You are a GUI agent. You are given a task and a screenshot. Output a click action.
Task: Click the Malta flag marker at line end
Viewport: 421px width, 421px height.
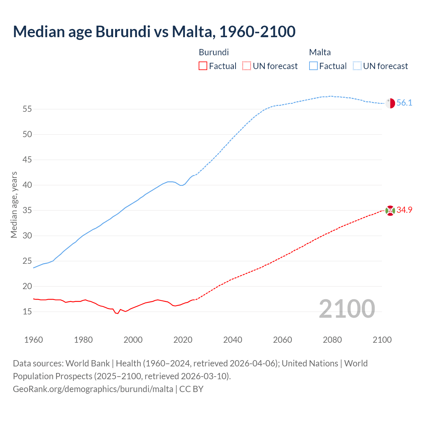pyautogui.click(x=390, y=103)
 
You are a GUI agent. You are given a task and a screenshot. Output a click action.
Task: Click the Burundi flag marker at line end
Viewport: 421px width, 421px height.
pyautogui.click(x=390, y=210)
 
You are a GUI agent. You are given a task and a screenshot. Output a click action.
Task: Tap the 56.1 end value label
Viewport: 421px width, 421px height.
pyautogui.click(x=404, y=103)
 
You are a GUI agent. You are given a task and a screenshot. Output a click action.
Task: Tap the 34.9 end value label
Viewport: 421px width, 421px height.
pyautogui.click(x=404, y=210)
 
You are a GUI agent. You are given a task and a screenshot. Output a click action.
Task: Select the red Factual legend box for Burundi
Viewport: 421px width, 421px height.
pyautogui.click(x=203, y=66)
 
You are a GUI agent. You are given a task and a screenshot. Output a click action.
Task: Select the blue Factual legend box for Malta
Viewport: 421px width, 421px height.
pyautogui.click(x=313, y=66)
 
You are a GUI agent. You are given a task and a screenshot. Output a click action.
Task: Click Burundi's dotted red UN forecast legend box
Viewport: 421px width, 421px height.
pyautogui.click(x=247, y=66)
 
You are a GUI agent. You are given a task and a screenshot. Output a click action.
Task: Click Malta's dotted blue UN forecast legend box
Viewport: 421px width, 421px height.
pyautogui.click(x=357, y=66)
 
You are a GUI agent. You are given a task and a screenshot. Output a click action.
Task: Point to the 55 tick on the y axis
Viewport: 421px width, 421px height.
pyautogui.click(x=27, y=109)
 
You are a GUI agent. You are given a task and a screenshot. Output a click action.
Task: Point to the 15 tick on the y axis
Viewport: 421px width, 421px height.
pyautogui.click(x=27, y=311)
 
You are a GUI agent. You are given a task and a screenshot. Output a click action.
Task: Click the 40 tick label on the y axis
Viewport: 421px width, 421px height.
pyautogui.click(x=27, y=185)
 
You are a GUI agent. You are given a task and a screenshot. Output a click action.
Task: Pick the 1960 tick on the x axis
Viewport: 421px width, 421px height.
pyautogui.click(x=34, y=340)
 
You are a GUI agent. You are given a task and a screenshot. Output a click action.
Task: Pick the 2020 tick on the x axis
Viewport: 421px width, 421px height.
pyautogui.click(x=183, y=340)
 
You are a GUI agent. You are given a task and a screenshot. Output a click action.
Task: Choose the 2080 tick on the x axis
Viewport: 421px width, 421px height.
pyautogui.click(x=332, y=340)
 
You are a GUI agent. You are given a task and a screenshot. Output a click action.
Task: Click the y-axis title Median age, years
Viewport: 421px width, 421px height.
pyautogui.click(x=14, y=205)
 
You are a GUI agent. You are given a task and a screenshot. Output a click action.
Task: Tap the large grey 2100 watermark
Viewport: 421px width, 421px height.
pyautogui.click(x=347, y=309)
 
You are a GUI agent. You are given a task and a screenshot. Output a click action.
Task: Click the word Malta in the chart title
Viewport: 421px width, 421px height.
pyautogui.click(x=193, y=32)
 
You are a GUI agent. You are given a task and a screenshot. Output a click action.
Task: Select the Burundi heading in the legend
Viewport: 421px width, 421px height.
pyautogui.click(x=214, y=52)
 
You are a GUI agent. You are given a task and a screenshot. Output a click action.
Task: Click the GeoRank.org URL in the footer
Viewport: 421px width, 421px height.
pyautogui.click(x=93, y=389)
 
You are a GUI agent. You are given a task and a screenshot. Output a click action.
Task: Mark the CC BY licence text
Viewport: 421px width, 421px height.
pyautogui.click(x=191, y=389)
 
